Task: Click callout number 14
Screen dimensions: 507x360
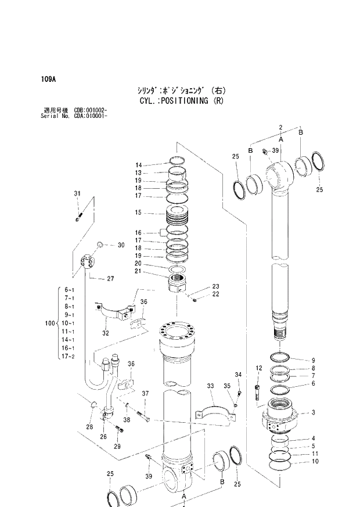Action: tap(138, 165)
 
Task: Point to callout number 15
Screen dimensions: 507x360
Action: tap(138, 213)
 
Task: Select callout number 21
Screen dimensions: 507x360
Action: tap(138, 271)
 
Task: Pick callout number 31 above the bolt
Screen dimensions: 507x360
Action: tap(77, 193)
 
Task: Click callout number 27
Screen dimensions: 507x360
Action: tap(110, 279)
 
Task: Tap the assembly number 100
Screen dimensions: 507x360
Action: tap(49, 323)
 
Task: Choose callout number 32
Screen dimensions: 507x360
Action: tap(106, 333)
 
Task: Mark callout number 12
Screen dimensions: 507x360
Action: tap(259, 368)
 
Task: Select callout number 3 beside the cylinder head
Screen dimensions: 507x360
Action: tap(313, 413)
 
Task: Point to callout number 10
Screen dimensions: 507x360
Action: tap(315, 462)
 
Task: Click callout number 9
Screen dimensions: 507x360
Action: tap(313, 359)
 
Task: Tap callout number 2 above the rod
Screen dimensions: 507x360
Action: tap(280, 127)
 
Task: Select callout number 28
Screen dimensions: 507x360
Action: tap(89, 427)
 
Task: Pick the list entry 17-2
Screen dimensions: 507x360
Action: tap(68, 356)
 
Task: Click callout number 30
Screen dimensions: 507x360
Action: tap(121, 245)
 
